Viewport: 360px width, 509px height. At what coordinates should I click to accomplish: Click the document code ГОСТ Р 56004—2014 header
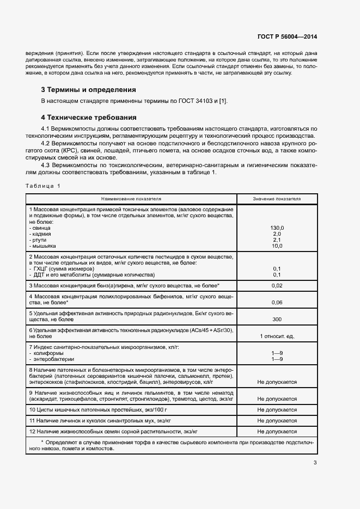[286, 37]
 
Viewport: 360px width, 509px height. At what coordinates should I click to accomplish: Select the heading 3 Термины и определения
[88, 89]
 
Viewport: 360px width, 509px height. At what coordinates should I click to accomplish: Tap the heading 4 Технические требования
[88, 117]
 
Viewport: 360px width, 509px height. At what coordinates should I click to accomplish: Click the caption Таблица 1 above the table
[43, 186]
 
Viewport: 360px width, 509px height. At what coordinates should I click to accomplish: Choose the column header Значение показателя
[277, 199]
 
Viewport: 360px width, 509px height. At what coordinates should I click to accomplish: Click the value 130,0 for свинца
[277, 228]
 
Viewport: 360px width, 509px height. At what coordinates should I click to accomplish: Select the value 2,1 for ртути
[277, 240]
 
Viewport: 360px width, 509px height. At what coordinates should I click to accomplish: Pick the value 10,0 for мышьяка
[277, 246]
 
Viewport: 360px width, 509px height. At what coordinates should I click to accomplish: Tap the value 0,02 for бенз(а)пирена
[277, 285]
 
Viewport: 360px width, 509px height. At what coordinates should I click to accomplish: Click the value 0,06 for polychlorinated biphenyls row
[277, 302]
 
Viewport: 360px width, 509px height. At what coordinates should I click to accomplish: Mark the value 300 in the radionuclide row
[277, 319]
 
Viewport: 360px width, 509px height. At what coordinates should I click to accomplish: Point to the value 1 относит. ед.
[277, 336]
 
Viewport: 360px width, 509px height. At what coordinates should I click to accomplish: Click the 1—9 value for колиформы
[277, 353]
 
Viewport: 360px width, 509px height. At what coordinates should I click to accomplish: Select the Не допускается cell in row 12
[277, 431]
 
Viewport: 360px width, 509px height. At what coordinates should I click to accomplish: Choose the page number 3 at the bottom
[315, 463]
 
